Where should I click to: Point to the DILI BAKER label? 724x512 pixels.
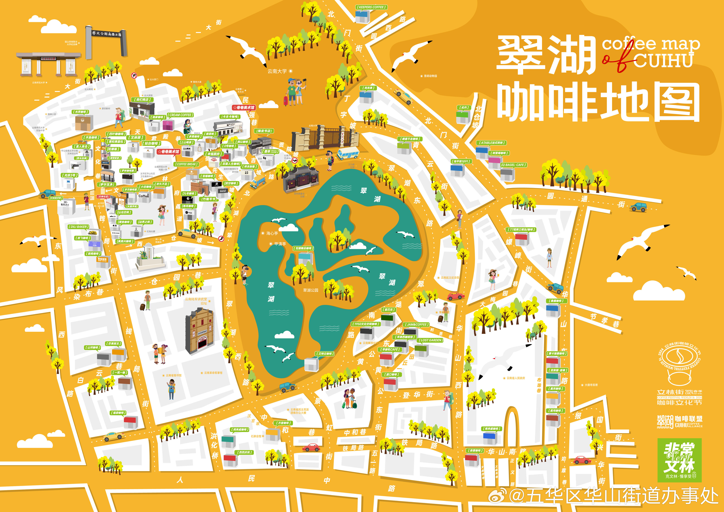pos(79,227)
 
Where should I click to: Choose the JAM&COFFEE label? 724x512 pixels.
pos(416,324)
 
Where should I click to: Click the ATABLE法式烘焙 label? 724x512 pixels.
pos(491,143)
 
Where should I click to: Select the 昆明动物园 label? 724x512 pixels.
pos(430,76)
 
